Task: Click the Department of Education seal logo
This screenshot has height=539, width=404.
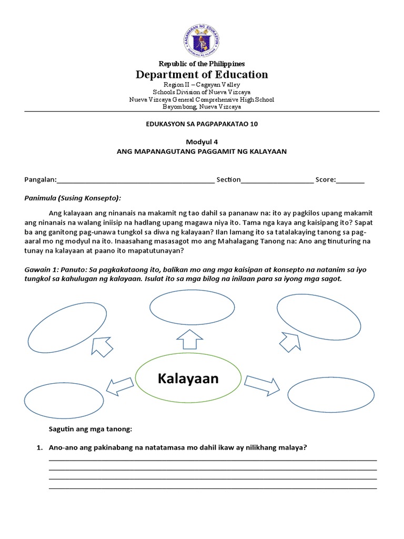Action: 202,41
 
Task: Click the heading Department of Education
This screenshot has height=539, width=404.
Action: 202,74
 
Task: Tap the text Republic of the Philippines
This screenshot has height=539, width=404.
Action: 202,63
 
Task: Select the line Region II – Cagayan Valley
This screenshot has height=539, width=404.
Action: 202,85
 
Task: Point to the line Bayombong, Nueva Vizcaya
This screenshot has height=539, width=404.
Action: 202,107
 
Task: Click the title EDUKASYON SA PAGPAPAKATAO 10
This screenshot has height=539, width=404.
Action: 202,124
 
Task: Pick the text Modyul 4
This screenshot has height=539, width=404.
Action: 202,142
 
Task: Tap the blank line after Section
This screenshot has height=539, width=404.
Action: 277,181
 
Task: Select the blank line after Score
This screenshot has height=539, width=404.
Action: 350,181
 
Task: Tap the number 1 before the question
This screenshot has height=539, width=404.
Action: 38,448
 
